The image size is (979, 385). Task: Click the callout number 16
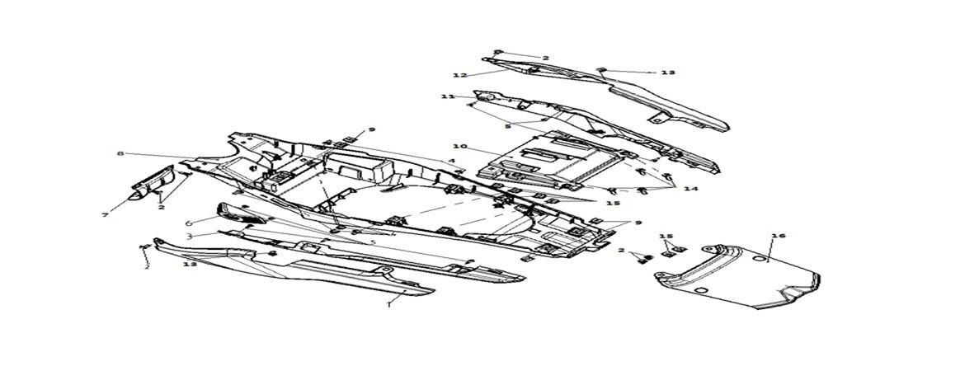pyautogui.click(x=778, y=236)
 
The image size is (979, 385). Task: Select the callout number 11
pyautogui.click(x=448, y=96)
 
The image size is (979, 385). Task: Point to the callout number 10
pyautogui.click(x=459, y=147)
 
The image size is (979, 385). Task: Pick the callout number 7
pyautogui.click(x=105, y=215)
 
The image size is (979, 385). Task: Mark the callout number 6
pyautogui.click(x=188, y=223)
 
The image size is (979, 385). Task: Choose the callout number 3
pyautogui.click(x=189, y=236)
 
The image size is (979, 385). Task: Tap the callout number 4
pyautogui.click(x=451, y=160)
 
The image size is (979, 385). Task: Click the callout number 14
pyautogui.click(x=690, y=189)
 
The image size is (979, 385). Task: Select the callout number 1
pyautogui.click(x=388, y=303)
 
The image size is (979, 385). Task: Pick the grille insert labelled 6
pyautogui.click(x=239, y=215)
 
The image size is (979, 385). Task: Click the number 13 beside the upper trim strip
pyautogui.click(x=667, y=73)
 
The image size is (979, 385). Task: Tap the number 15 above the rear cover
pyautogui.click(x=666, y=237)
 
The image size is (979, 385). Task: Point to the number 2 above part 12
pyautogui.click(x=545, y=58)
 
